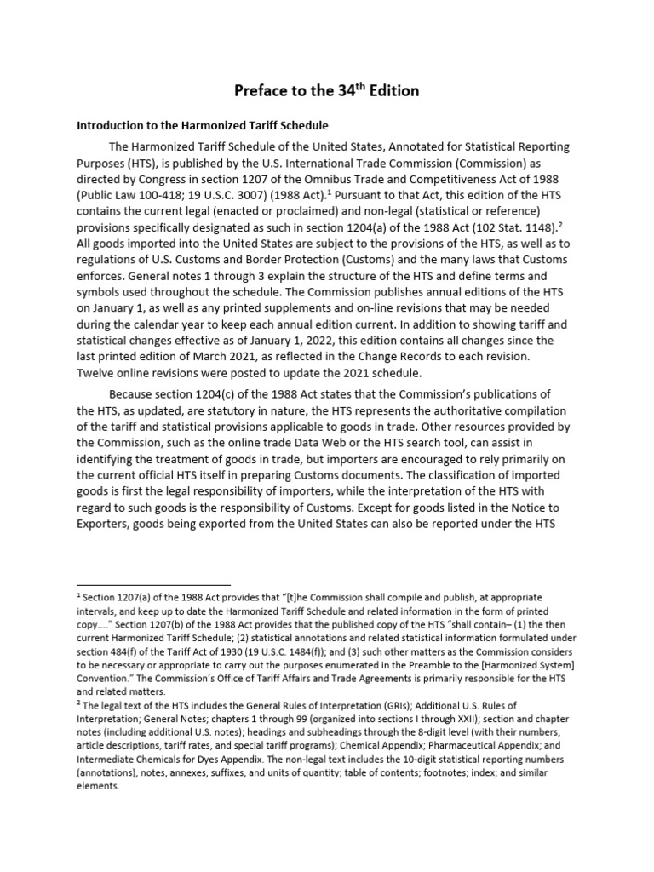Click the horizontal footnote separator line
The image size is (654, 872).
(153, 585)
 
